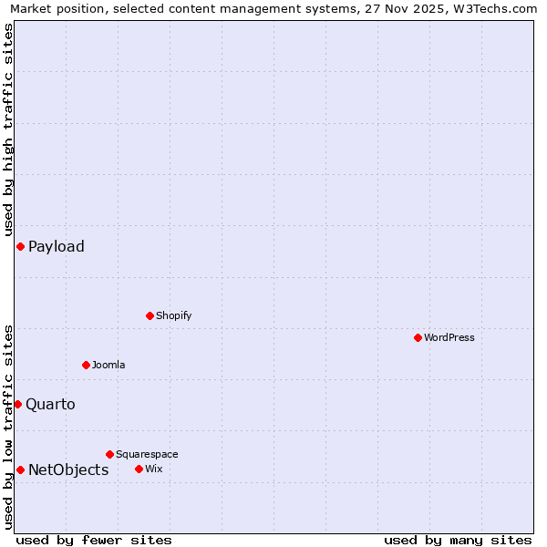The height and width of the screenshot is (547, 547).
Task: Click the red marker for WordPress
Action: pyautogui.click(x=418, y=337)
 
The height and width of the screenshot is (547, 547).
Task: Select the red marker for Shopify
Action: pyautogui.click(x=150, y=315)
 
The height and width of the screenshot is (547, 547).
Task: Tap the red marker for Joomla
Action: pyautogui.click(x=86, y=365)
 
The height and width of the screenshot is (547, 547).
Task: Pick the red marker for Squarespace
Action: pyautogui.click(x=109, y=454)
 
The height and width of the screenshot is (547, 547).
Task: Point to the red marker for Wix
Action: pyautogui.click(x=139, y=469)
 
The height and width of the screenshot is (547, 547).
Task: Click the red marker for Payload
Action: pyautogui.click(x=20, y=246)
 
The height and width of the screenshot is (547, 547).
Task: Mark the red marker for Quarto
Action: pyautogui.click(x=17, y=404)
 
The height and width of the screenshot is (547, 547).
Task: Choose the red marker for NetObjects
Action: pyautogui.click(x=20, y=470)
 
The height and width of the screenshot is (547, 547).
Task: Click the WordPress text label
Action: pyautogui.click(x=449, y=337)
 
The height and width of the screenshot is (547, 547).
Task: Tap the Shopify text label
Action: pyautogui.click(x=173, y=315)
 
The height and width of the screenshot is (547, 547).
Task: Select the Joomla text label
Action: pyautogui.click(x=108, y=365)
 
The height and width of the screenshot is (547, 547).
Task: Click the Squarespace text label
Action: pyautogui.click(x=147, y=454)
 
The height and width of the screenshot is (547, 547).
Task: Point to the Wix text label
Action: pyautogui.click(x=153, y=469)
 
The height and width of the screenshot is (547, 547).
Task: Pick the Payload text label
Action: pyautogui.click(x=57, y=246)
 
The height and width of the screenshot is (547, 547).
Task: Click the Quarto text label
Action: pyautogui.click(x=50, y=404)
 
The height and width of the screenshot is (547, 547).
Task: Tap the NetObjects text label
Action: pyautogui.click(x=68, y=470)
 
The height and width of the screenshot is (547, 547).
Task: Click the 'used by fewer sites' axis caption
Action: pyautogui.click(x=94, y=540)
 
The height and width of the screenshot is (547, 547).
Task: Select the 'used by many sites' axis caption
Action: pyautogui.click(x=458, y=540)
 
